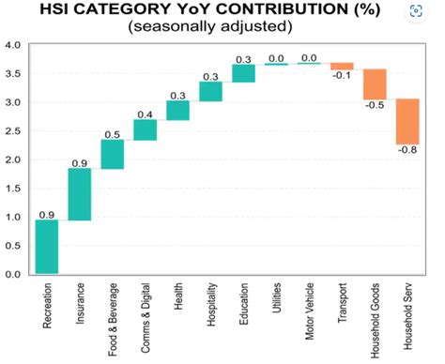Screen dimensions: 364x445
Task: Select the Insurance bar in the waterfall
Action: pyautogui.click(x=79, y=194)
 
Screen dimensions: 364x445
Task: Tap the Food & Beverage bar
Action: pyautogui.click(x=113, y=155)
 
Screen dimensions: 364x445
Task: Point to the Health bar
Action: pyautogui.click(x=177, y=110)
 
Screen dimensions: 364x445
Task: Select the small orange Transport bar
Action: pyautogui.click(x=342, y=66)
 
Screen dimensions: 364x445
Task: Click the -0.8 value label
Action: pyautogui.click(x=407, y=150)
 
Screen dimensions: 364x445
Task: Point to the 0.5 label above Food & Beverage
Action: pyautogui.click(x=113, y=134)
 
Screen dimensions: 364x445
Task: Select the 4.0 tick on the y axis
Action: pyautogui.click(x=14, y=45)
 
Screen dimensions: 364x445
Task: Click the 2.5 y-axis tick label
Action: pyautogui.click(x=14, y=131)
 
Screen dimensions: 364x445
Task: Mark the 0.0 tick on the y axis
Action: pyautogui.click(x=14, y=275)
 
